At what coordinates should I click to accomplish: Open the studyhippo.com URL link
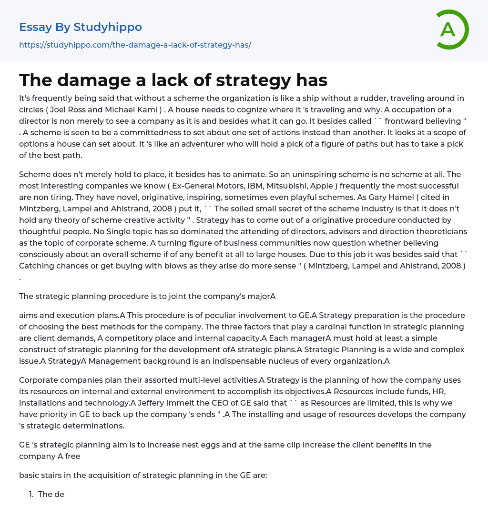click(x=135, y=45)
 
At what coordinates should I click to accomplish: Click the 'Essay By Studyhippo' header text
click(x=81, y=27)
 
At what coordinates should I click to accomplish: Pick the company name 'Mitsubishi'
click(x=283, y=186)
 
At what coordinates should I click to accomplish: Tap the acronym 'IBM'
click(x=249, y=186)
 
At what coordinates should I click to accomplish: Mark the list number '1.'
click(x=31, y=494)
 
